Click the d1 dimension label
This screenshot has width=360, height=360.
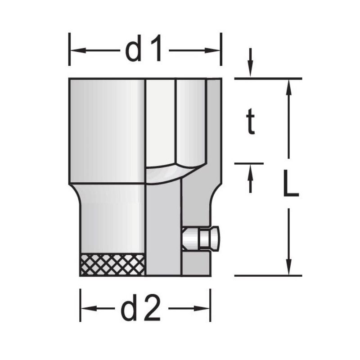click(144, 48)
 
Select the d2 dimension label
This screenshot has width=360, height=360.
click(140, 308)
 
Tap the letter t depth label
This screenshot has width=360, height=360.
click(251, 121)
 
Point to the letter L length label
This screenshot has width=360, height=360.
click(291, 183)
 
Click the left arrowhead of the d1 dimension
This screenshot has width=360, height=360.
click(78, 50)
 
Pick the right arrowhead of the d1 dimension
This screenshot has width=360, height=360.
click(212, 50)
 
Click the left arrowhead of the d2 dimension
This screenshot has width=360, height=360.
click(89, 308)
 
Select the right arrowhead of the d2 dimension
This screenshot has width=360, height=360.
click(202, 308)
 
